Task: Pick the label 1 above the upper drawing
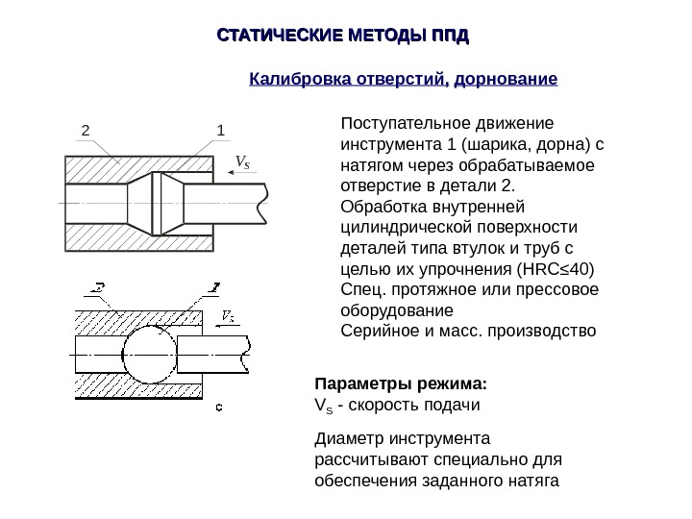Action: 220,130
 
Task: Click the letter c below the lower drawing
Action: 218,408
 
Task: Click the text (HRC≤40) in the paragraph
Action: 557,267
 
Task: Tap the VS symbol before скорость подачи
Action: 323,406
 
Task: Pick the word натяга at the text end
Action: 531,481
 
